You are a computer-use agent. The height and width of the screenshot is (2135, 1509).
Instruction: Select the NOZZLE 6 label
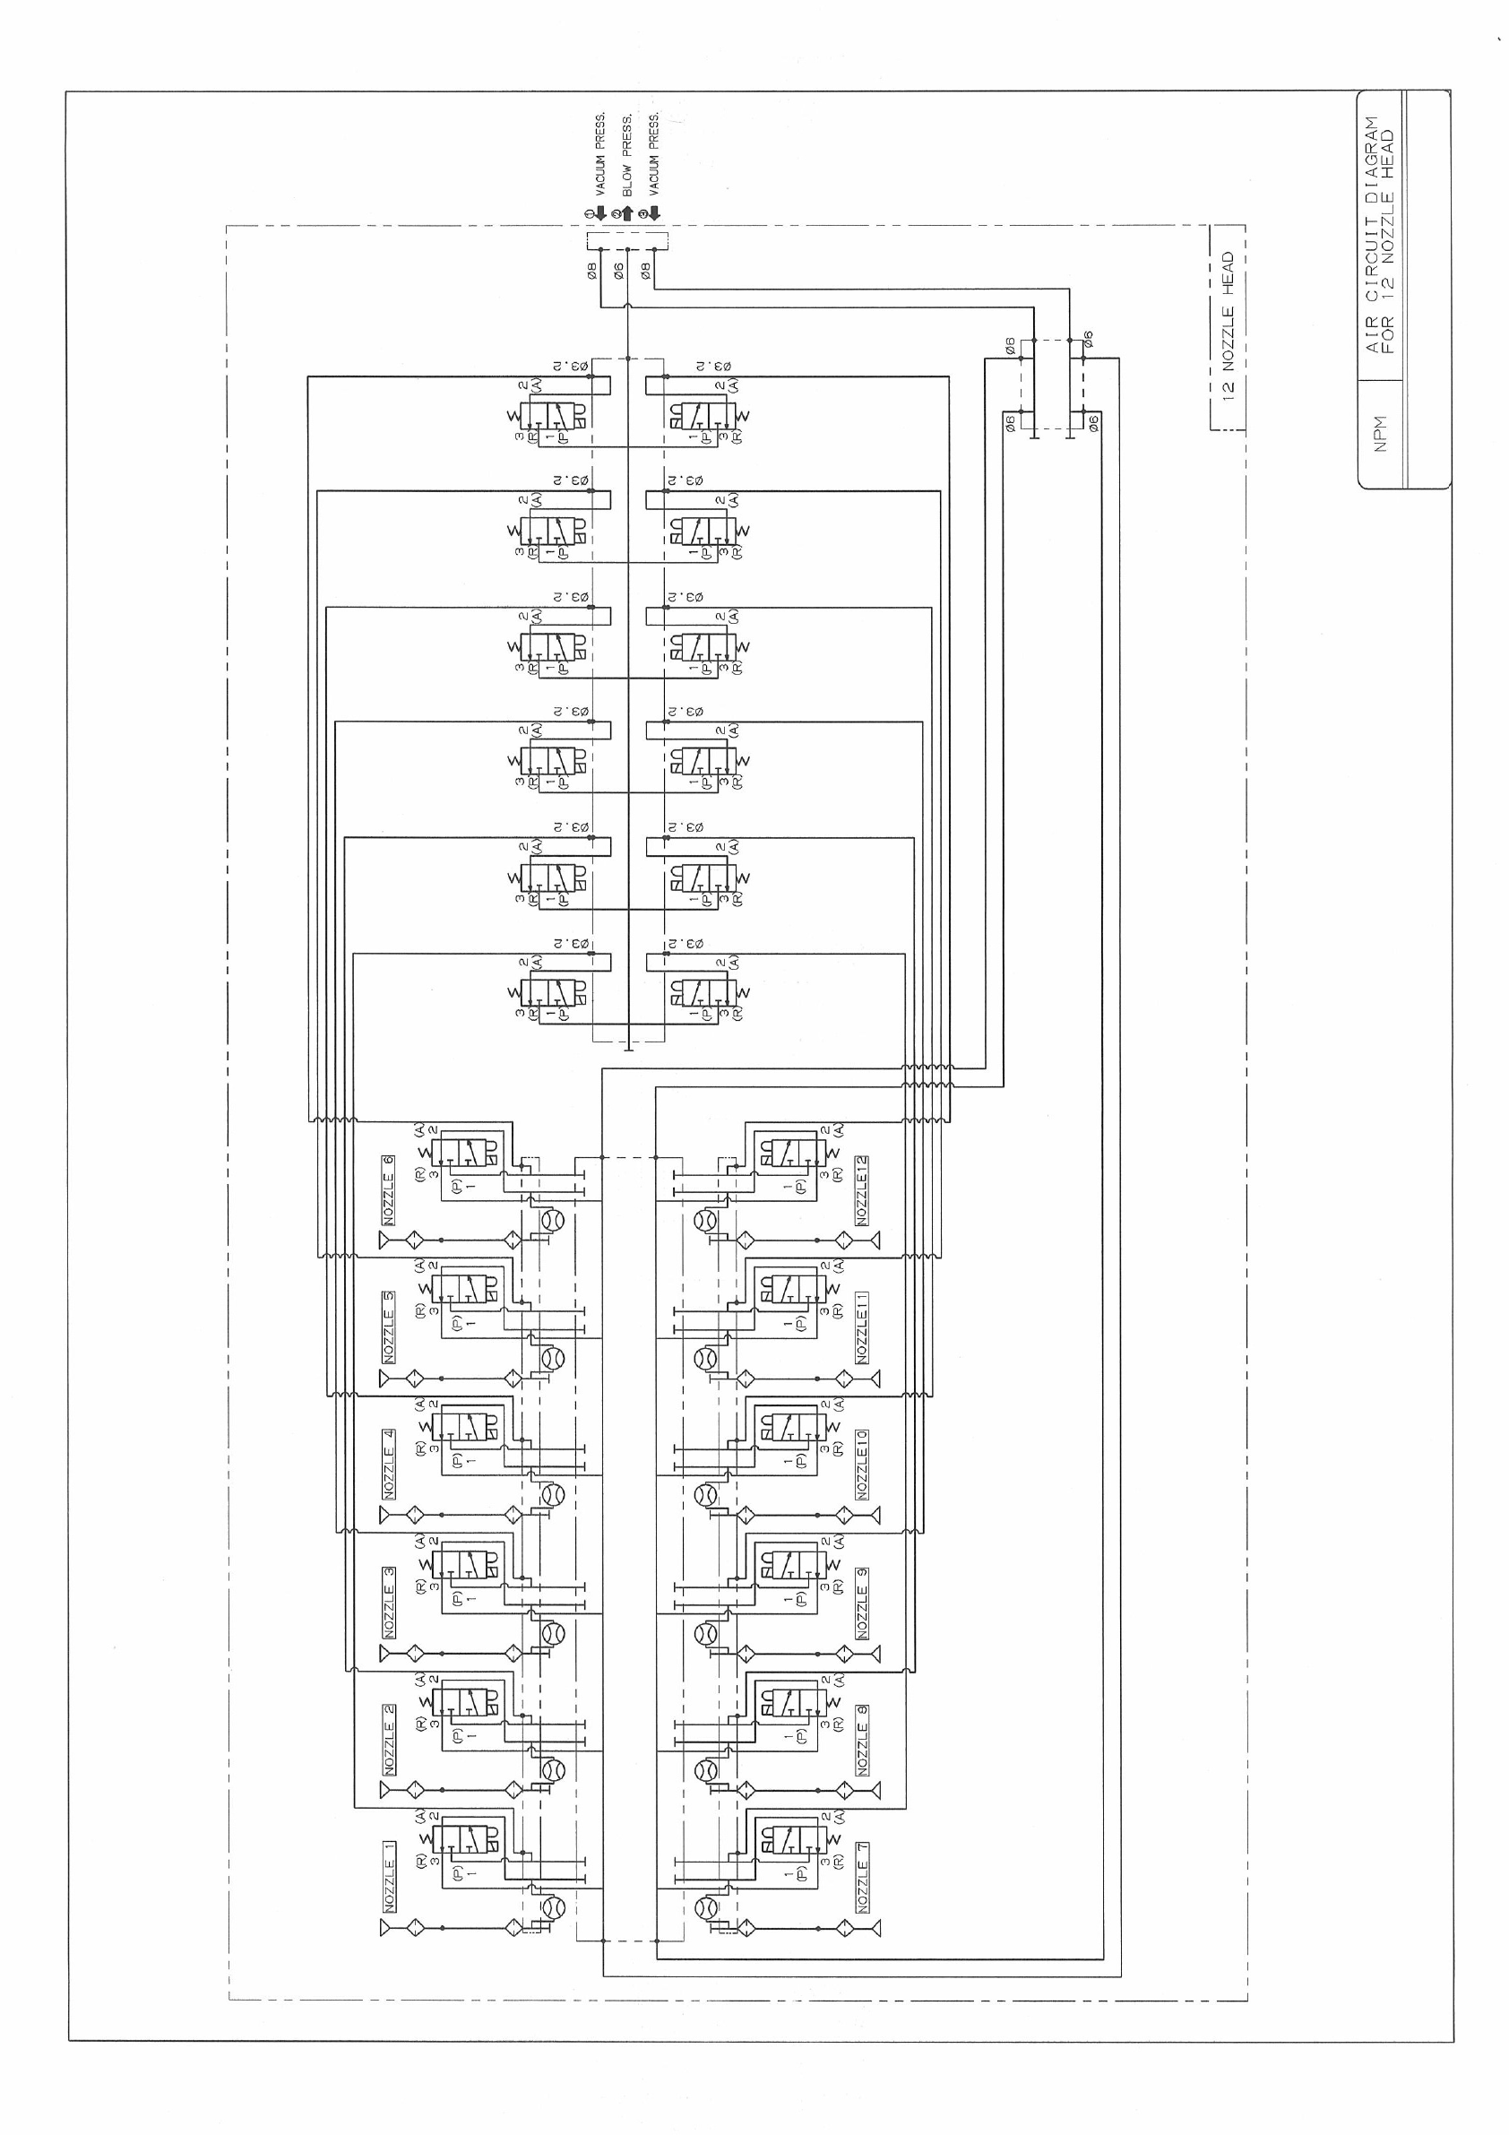[x=389, y=1190]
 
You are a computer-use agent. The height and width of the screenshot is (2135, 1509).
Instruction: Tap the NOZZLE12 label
[x=862, y=1190]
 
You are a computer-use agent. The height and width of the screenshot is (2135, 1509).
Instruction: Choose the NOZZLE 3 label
[x=389, y=1603]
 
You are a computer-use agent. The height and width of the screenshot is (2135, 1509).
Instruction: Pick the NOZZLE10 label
[x=862, y=1465]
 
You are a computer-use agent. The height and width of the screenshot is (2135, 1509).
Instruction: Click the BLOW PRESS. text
[x=627, y=155]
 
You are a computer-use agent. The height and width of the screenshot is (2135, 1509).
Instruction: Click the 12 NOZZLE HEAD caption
[x=1228, y=326]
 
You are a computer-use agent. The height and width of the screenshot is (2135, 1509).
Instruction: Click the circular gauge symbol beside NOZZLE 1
[x=552, y=1907]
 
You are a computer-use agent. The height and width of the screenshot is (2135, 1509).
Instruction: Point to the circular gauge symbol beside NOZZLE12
[x=708, y=1219]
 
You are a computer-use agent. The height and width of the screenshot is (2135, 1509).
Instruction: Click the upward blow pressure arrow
[x=626, y=214]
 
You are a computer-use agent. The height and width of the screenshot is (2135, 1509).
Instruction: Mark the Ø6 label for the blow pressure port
[x=618, y=272]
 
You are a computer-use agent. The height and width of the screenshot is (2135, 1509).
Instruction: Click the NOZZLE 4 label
[x=389, y=1465]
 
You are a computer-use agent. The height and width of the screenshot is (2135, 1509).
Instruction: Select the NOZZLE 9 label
[x=862, y=1603]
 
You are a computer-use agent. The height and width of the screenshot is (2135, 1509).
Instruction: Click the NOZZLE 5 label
[x=389, y=1327]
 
